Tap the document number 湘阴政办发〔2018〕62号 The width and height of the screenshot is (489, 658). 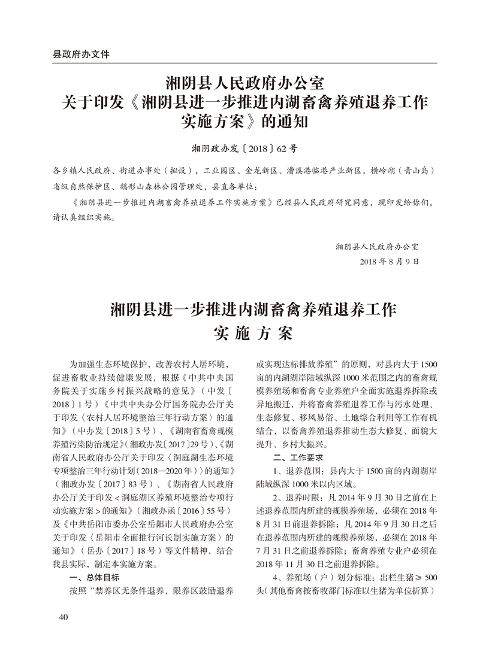pos(244,147)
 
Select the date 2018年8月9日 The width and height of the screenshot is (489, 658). pos(389,262)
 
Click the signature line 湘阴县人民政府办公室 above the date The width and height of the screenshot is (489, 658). pos(377,246)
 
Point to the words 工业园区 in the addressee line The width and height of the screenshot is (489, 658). pos(221,171)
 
